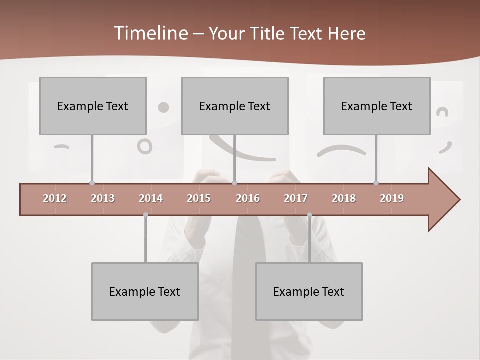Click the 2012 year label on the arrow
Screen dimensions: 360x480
55,198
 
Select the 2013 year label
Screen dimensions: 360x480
103,198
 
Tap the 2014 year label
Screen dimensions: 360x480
151,198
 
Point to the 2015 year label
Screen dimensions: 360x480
199,198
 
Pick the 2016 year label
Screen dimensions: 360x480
248,198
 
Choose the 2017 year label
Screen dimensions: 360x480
296,198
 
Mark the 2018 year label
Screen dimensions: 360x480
344,198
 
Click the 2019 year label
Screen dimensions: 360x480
392,198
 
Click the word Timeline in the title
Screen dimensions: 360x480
150,33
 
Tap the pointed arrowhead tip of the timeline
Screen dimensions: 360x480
459,200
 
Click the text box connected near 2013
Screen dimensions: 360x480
93,106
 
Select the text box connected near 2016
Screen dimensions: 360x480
235,106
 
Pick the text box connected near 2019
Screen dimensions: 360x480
377,106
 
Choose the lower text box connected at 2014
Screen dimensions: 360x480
145,291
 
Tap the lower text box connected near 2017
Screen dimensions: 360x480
309,291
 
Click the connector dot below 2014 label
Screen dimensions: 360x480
145,215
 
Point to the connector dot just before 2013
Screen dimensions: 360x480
92,183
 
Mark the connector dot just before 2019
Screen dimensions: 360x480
376,183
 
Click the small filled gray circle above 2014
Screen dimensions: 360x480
163,107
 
